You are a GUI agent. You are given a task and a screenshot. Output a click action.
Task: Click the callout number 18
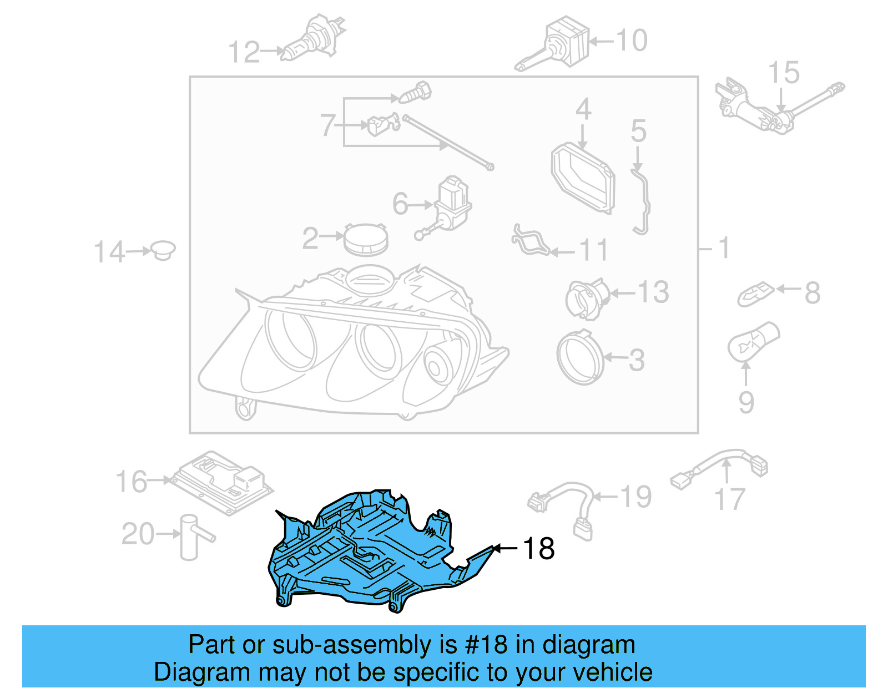538,549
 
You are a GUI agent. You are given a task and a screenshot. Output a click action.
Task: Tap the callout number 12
244,53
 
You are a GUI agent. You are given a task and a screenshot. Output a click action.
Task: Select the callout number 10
632,41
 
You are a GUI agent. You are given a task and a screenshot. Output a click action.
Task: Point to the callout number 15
783,73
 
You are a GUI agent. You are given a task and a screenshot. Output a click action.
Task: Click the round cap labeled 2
365,240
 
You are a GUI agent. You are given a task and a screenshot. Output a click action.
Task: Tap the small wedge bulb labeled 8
755,294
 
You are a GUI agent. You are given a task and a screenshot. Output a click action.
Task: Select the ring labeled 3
580,358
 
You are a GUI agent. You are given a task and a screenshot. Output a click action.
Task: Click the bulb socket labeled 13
586,299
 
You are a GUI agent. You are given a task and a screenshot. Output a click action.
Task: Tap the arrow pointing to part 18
505,548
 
